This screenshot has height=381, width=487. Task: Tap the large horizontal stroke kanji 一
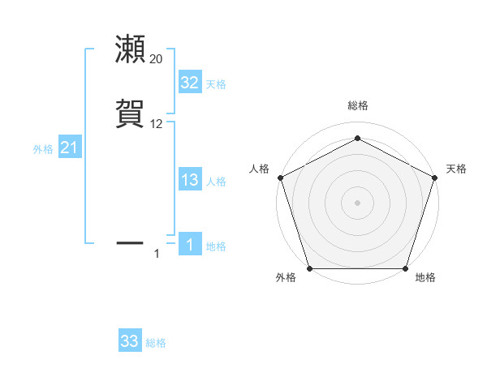pos(131,242)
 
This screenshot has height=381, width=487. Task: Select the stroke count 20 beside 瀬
pos(156,59)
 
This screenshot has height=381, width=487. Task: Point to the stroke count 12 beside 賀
pos(156,124)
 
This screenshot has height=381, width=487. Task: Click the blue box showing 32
pos(190,82)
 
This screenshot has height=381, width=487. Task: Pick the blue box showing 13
pos(190,180)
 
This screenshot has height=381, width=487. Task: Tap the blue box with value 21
pos(70,148)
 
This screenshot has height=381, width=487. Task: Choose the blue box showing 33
pos(130,341)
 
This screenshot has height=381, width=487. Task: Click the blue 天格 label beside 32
pos(216,84)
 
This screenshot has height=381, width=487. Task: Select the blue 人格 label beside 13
pos(216,182)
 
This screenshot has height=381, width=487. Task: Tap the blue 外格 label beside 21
pos(43,149)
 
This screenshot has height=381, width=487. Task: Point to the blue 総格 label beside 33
pos(156,343)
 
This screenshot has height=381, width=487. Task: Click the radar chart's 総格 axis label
pos(357,106)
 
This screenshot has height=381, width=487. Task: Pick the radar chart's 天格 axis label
pos(456,169)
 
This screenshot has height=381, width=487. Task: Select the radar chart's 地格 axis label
pos(425,277)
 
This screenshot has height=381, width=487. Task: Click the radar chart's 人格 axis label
pos(259,169)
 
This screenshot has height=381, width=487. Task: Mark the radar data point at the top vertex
pos(357,138)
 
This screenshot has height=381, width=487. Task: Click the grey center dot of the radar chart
pos(357,202)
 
